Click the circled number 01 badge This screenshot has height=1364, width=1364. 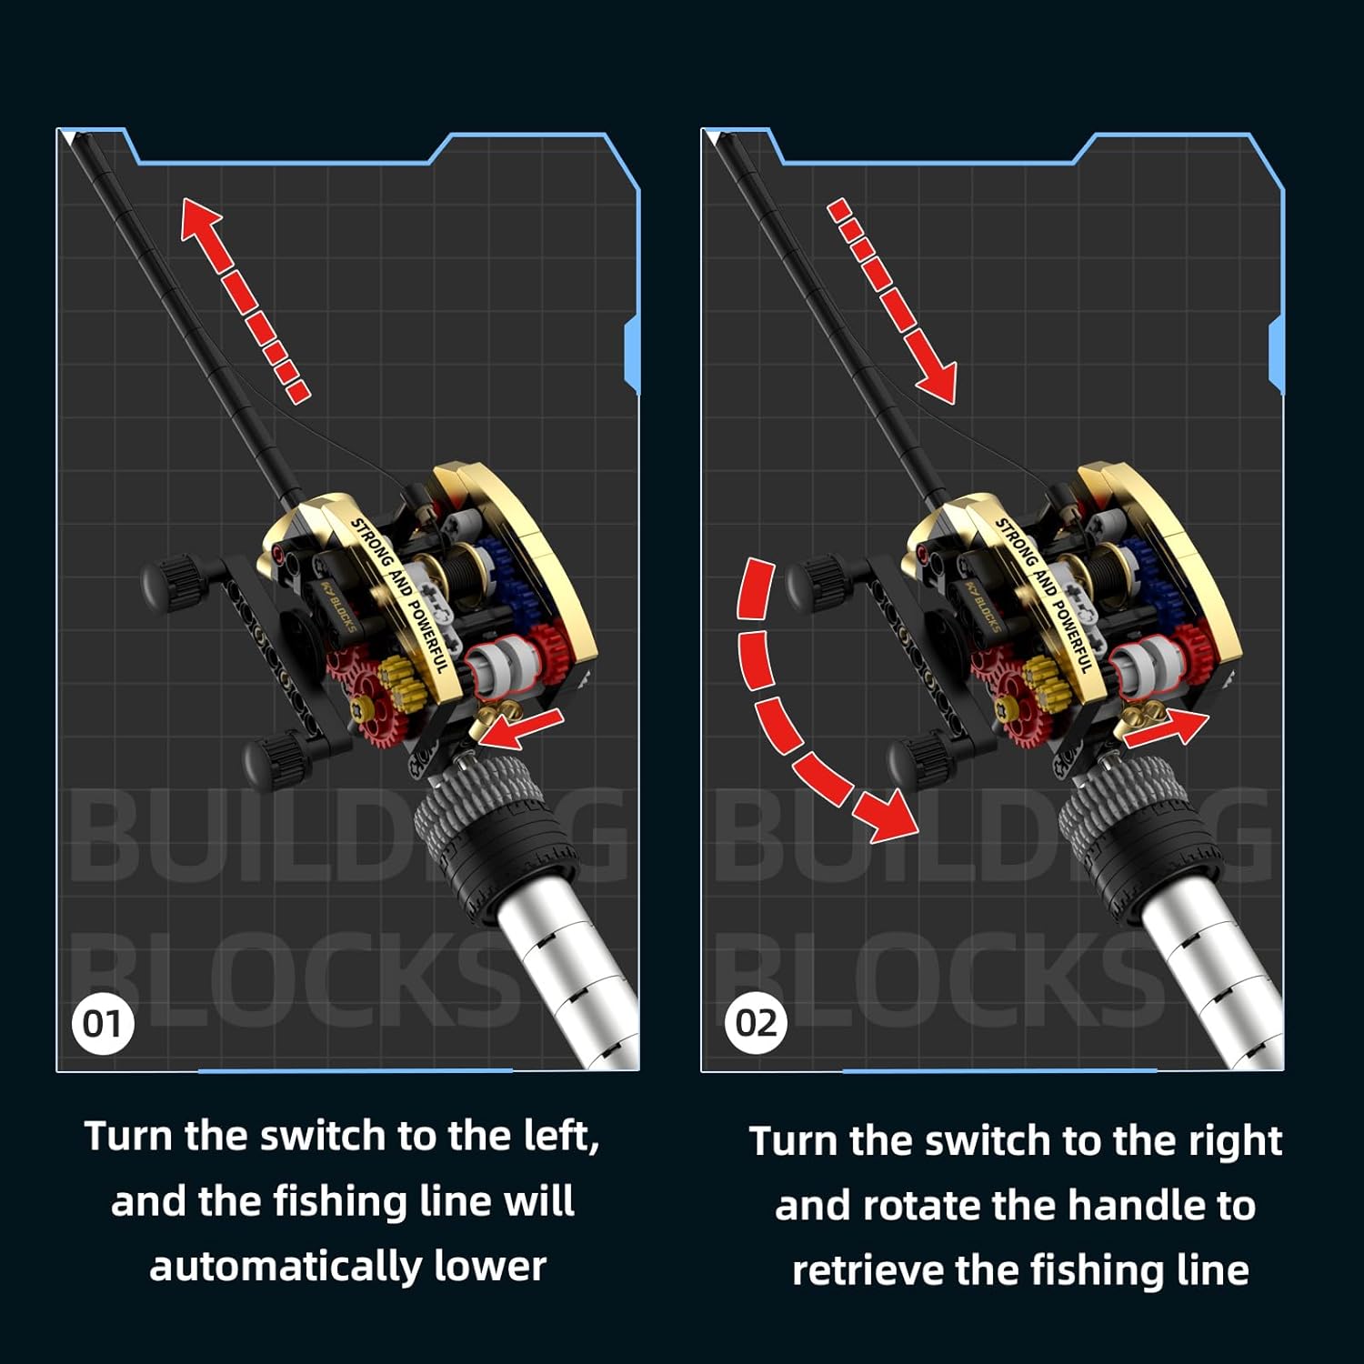pos(102,1024)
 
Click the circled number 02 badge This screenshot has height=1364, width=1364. pos(756,1024)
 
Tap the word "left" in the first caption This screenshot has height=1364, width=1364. pos(561,1136)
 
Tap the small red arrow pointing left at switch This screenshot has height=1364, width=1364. pos(518,728)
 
